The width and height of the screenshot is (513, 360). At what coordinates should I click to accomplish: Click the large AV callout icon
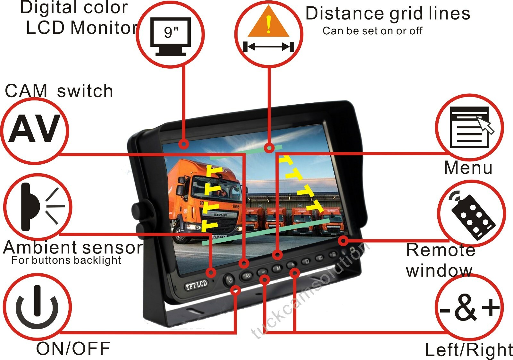(x=35, y=129)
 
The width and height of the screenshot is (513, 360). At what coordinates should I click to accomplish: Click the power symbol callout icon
(x=37, y=306)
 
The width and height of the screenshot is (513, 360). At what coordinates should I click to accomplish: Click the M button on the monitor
(x=278, y=268)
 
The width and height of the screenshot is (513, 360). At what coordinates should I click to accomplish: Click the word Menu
(x=468, y=168)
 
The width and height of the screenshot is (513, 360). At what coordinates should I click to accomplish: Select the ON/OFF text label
(x=73, y=349)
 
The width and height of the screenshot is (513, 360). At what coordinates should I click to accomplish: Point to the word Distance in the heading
(x=345, y=13)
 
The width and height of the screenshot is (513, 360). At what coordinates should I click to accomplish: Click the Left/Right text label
(x=468, y=350)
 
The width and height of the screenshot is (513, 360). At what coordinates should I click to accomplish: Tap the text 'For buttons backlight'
(x=66, y=260)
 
